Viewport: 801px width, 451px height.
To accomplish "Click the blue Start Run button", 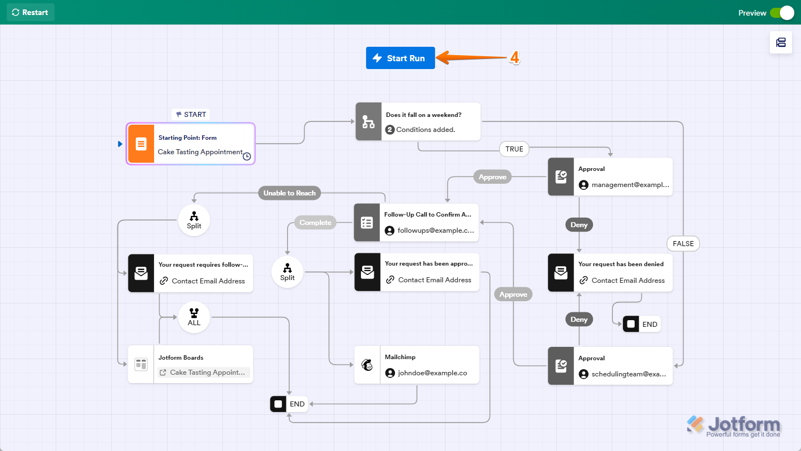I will coord(400,58).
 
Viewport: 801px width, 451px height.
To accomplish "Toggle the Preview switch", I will coord(782,13).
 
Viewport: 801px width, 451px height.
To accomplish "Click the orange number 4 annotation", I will coord(515,58).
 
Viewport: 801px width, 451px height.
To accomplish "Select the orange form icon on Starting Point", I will coord(141,144).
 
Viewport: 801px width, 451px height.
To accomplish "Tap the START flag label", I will coord(191,114).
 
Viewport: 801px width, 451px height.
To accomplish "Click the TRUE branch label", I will coord(514,149).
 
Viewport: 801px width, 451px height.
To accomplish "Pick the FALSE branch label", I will coord(683,243).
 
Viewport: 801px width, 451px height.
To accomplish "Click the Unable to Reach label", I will coord(289,193).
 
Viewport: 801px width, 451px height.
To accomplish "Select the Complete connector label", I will coord(315,222).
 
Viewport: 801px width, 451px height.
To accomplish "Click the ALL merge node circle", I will coord(194,317).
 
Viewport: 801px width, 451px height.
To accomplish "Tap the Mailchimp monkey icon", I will coord(367,365).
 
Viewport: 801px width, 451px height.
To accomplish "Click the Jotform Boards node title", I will coord(181,357).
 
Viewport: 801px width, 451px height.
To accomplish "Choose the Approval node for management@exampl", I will coord(610,177).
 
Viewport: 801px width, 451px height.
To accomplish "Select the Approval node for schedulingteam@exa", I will coord(610,366).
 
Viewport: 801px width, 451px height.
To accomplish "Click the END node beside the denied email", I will coord(641,324).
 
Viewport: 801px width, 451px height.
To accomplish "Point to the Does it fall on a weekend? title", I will coord(423,115).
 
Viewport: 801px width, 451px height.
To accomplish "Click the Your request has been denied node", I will coord(610,272).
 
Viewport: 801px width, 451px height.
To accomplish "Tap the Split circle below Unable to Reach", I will coord(194,220).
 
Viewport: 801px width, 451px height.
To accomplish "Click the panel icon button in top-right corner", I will coord(780,42).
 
